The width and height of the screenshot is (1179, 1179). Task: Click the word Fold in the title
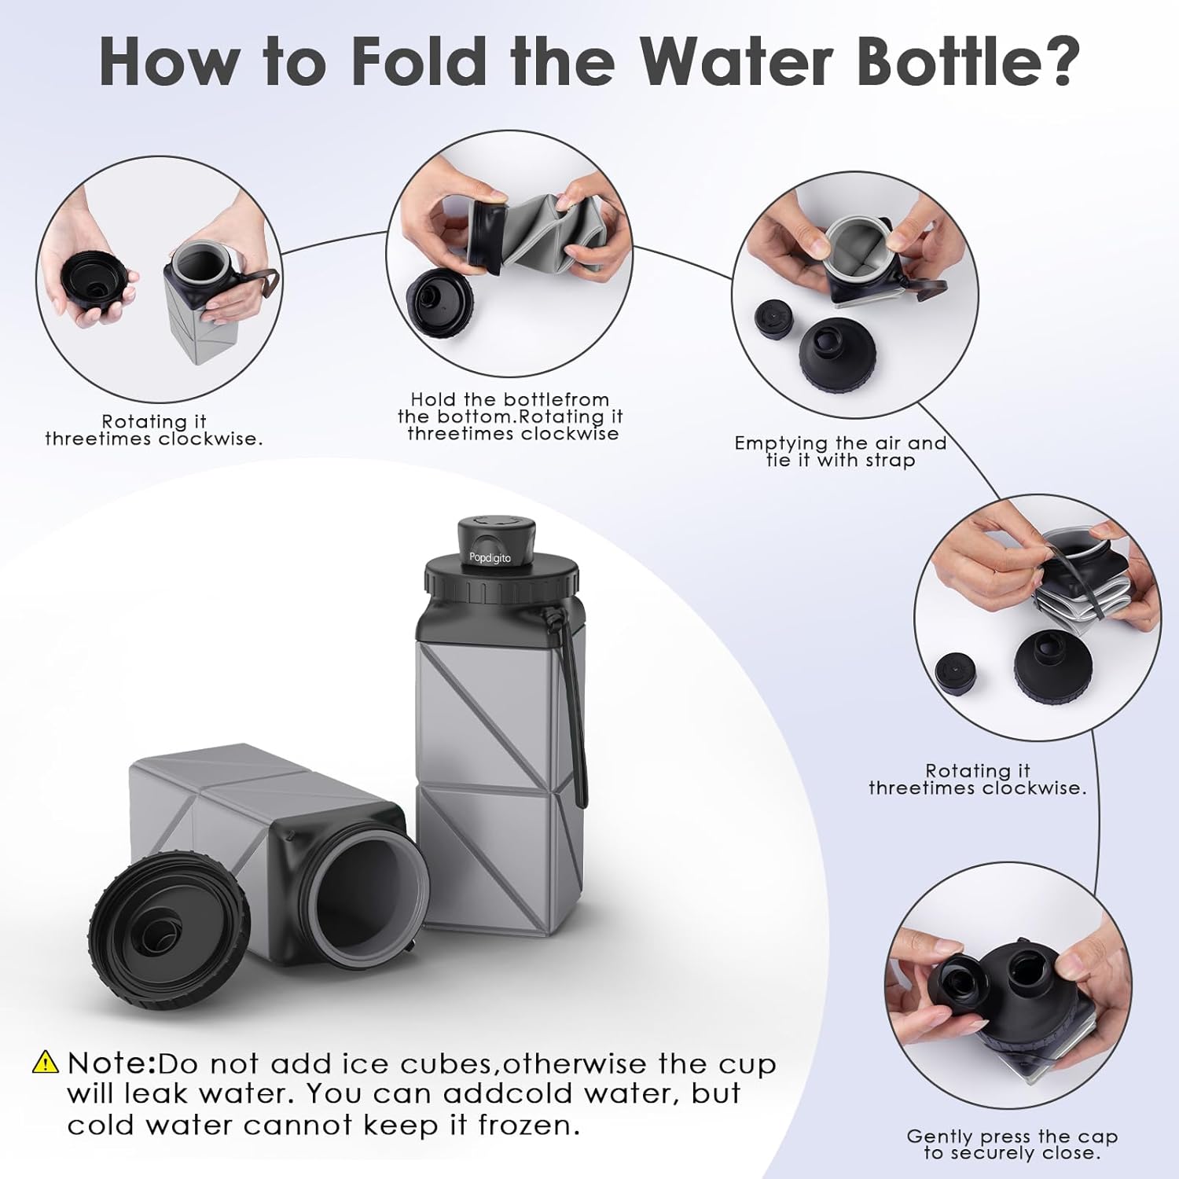click(419, 60)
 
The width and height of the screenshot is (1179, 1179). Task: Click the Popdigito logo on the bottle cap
click(490, 558)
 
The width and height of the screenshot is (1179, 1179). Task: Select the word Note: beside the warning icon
click(112, 1063)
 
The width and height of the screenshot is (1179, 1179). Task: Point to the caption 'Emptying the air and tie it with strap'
click(840, 451)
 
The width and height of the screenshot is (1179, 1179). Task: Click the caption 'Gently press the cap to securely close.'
click(1012, 1144)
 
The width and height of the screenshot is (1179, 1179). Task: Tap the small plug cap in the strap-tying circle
click(772, 320)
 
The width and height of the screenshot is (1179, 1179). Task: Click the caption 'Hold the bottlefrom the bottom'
click(509, 408)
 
